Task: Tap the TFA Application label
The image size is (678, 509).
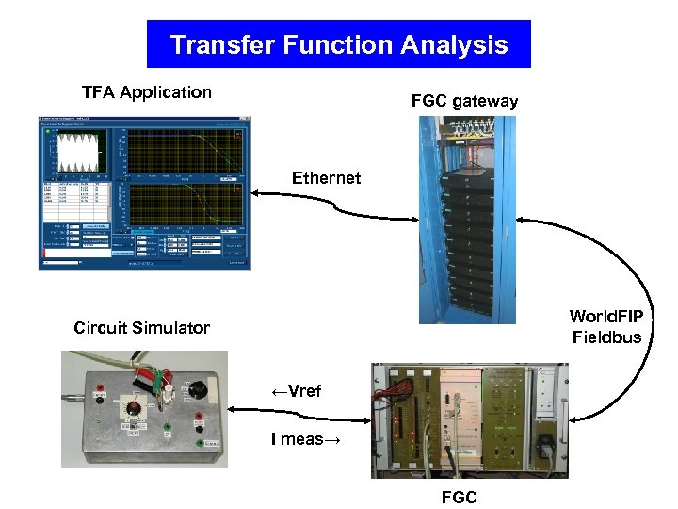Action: tap(147, 92)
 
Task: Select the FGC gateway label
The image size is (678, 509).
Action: tap(464, 101)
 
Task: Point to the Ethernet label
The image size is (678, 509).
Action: tap(326, 178)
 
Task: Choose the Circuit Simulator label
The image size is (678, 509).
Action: tap(141, 328)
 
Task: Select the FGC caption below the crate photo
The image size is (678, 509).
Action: tap(459, 498)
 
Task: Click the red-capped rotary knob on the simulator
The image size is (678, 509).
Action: tap(134, 409)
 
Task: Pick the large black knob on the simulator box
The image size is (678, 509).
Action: tap(196, 389)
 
